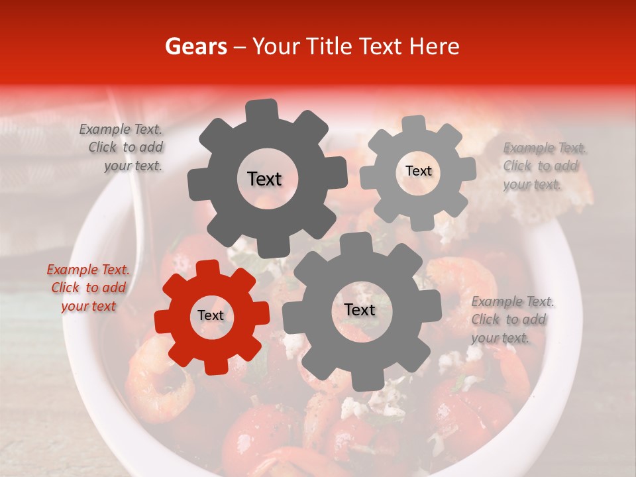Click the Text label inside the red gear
[211, 316]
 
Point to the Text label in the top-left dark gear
[264, 179]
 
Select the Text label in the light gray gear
[418, 171]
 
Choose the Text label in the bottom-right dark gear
[360, 310]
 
